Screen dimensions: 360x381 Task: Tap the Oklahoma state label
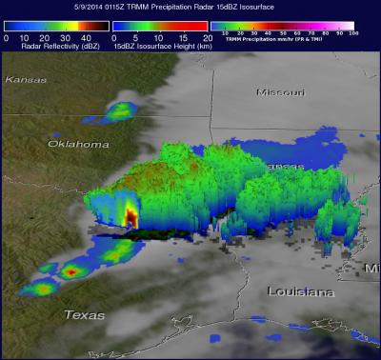click(78, 144)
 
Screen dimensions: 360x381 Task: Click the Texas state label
click(84, 314)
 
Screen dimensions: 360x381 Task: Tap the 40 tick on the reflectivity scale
click(88, 36)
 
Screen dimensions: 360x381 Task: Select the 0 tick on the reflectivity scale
click(7, 36)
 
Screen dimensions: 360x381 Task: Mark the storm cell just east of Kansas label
click(120, 110)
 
